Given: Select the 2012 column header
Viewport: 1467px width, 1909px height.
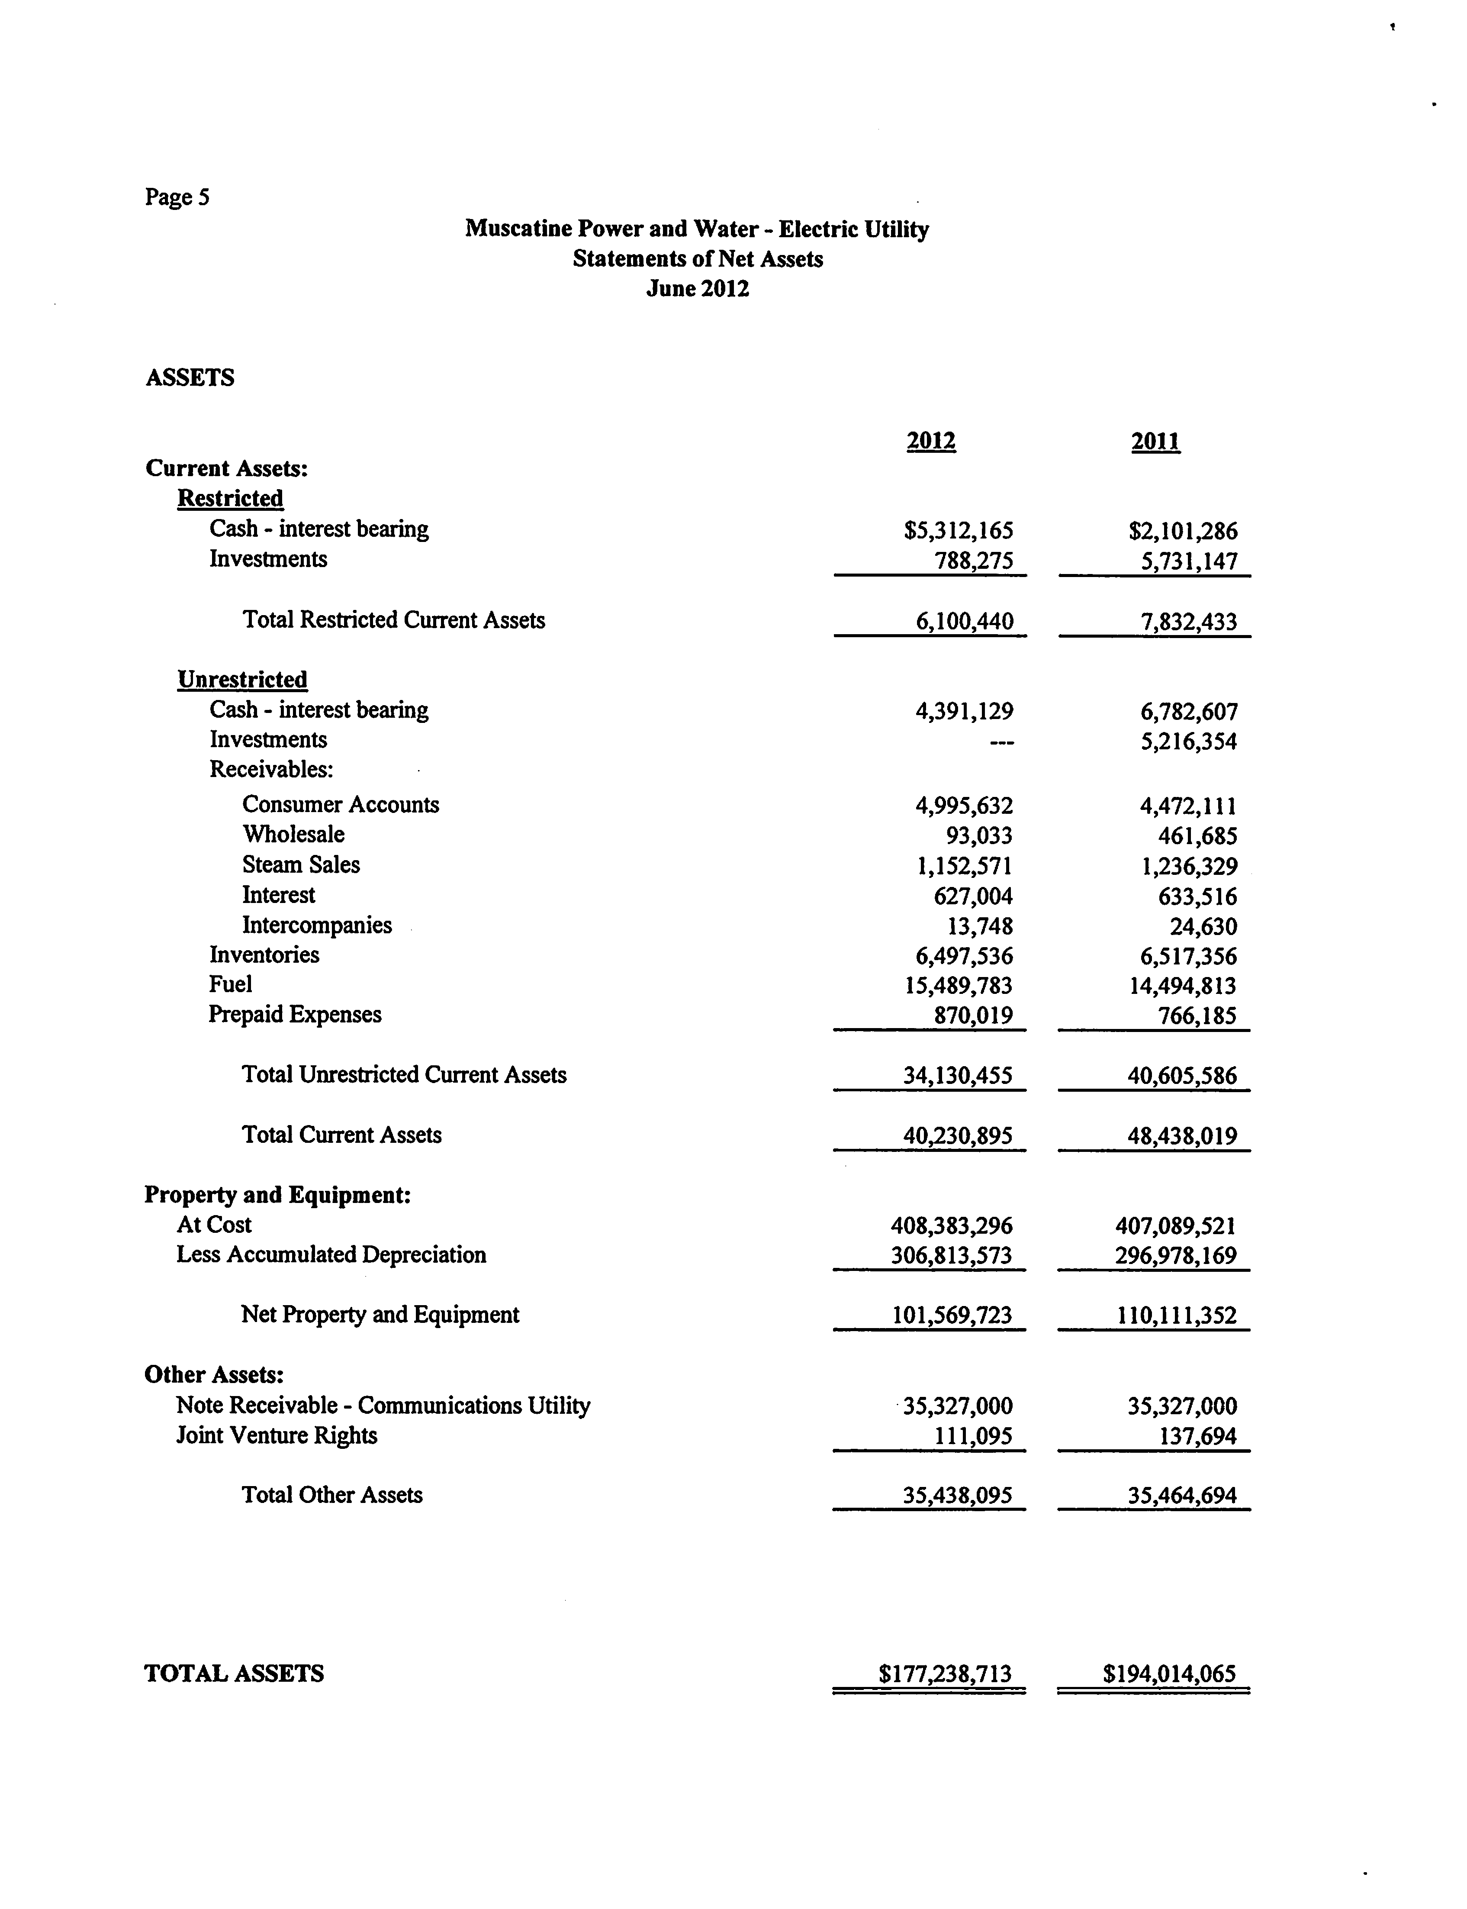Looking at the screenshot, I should [x=931, y=441].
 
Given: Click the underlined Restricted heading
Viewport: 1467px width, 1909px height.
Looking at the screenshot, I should [x=231, y=499].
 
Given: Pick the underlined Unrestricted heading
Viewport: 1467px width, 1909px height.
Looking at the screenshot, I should [x=243, y=680].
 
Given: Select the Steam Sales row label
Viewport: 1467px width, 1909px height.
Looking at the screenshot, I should [x=301, y=864].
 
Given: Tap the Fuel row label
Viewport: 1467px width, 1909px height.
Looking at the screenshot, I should [x=231, y=984].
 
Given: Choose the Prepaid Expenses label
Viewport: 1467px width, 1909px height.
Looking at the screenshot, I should [x=295, y=1015].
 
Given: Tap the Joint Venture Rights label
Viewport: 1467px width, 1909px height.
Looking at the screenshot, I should [x=277, y=1436].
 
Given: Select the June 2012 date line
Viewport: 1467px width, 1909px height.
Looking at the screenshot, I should [x=698, y=289].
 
